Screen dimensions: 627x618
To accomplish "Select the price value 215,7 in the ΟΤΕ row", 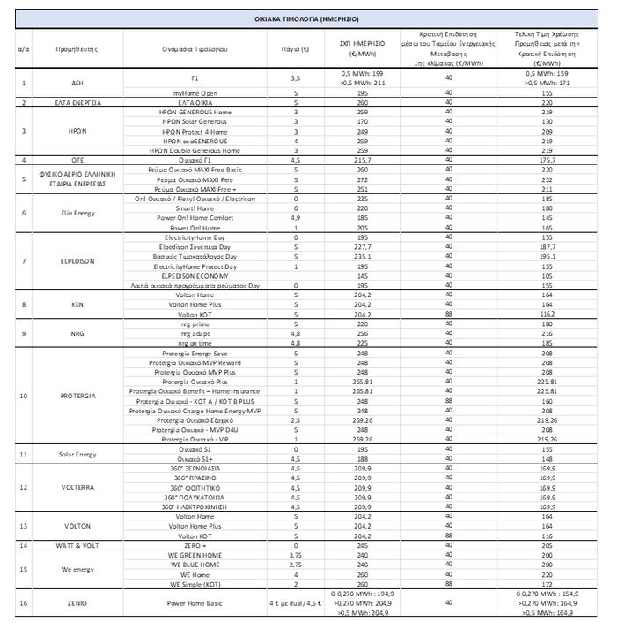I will [x=361, y=160].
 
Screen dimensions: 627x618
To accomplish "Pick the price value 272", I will [x=361, y=179].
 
